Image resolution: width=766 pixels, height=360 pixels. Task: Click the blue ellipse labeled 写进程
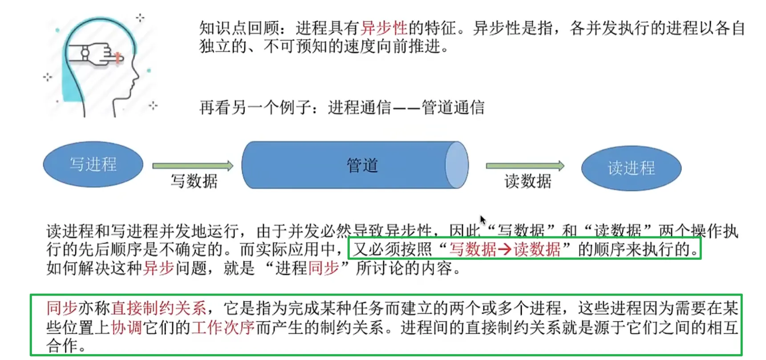point(93,164)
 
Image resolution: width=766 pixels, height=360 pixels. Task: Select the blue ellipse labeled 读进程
point(631,168)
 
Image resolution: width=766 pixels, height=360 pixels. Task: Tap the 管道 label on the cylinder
point(362,165)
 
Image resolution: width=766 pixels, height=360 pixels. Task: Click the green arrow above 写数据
point(193,166)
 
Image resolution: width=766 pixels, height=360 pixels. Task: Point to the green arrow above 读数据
point(525,166)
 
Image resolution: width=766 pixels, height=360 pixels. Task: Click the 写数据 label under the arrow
point(195,181)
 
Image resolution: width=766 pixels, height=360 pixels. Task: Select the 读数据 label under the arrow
point(528,181)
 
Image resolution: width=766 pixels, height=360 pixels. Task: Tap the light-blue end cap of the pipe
point(457,165)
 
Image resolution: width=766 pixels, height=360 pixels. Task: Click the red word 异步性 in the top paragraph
point(384,28)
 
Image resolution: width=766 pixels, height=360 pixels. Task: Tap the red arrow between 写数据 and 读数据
point(504,249)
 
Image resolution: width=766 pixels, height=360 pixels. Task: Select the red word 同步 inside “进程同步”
point(324,268)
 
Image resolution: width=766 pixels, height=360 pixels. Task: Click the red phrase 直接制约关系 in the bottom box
point(158,308)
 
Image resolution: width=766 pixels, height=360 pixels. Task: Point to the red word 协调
point(126,328)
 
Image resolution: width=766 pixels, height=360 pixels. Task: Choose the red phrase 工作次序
point(223,328)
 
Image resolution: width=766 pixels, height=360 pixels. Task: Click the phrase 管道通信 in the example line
point(453,108)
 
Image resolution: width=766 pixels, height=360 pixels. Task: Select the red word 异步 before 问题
point(158,268)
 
